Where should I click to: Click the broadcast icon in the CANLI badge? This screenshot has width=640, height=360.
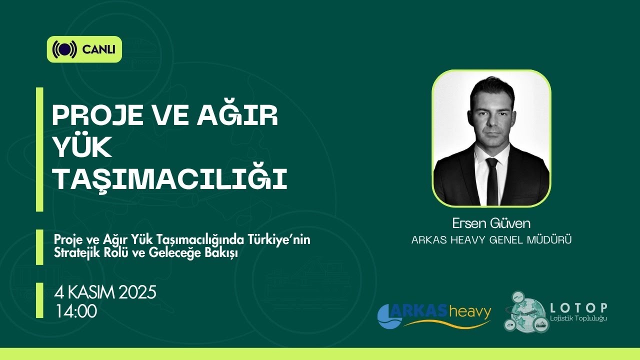[64, 49]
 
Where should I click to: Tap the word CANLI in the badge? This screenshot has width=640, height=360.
[99, 49]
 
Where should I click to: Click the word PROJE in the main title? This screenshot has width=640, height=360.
[97, 115]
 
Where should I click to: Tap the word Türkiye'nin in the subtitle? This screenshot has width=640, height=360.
[279, 239]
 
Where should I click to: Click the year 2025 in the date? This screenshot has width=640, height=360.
[137, 292]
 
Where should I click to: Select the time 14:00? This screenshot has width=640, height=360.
[76, 311]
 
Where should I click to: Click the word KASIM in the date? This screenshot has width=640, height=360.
[91, 292]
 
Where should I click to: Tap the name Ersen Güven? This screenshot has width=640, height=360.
[491, 223]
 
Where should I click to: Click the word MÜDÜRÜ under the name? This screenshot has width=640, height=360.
[549, 240]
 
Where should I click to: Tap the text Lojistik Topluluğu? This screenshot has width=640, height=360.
[578, 318]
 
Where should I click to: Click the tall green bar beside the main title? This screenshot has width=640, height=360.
[39, 149]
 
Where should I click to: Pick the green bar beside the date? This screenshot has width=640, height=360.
[39, 300]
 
